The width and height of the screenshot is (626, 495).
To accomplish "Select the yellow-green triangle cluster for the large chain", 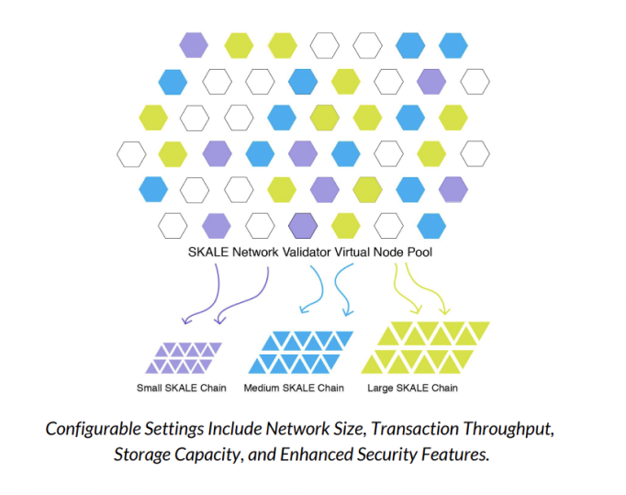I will click(x=425, y=347).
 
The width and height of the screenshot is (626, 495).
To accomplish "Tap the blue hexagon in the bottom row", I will click(x=432, y=225).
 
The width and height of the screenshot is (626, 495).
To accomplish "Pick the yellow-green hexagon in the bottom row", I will click(x=346, y=225).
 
